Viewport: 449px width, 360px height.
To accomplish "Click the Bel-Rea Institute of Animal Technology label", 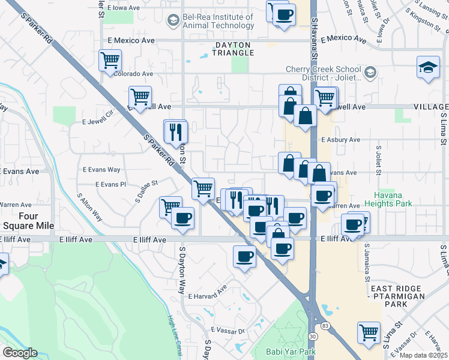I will (219, 21).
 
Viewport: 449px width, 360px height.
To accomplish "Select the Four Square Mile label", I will (28, 221).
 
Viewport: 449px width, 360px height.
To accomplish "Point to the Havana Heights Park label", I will (393, 199).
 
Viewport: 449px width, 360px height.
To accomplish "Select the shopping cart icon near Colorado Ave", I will (110, 60).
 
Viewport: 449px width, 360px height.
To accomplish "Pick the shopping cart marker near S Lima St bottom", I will (369, 332).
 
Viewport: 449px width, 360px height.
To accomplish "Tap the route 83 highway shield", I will (325, 325).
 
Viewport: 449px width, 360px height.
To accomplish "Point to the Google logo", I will (20, 353).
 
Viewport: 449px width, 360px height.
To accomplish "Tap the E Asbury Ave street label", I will (340, 139).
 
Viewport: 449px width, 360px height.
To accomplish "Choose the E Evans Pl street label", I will (110, 185).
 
